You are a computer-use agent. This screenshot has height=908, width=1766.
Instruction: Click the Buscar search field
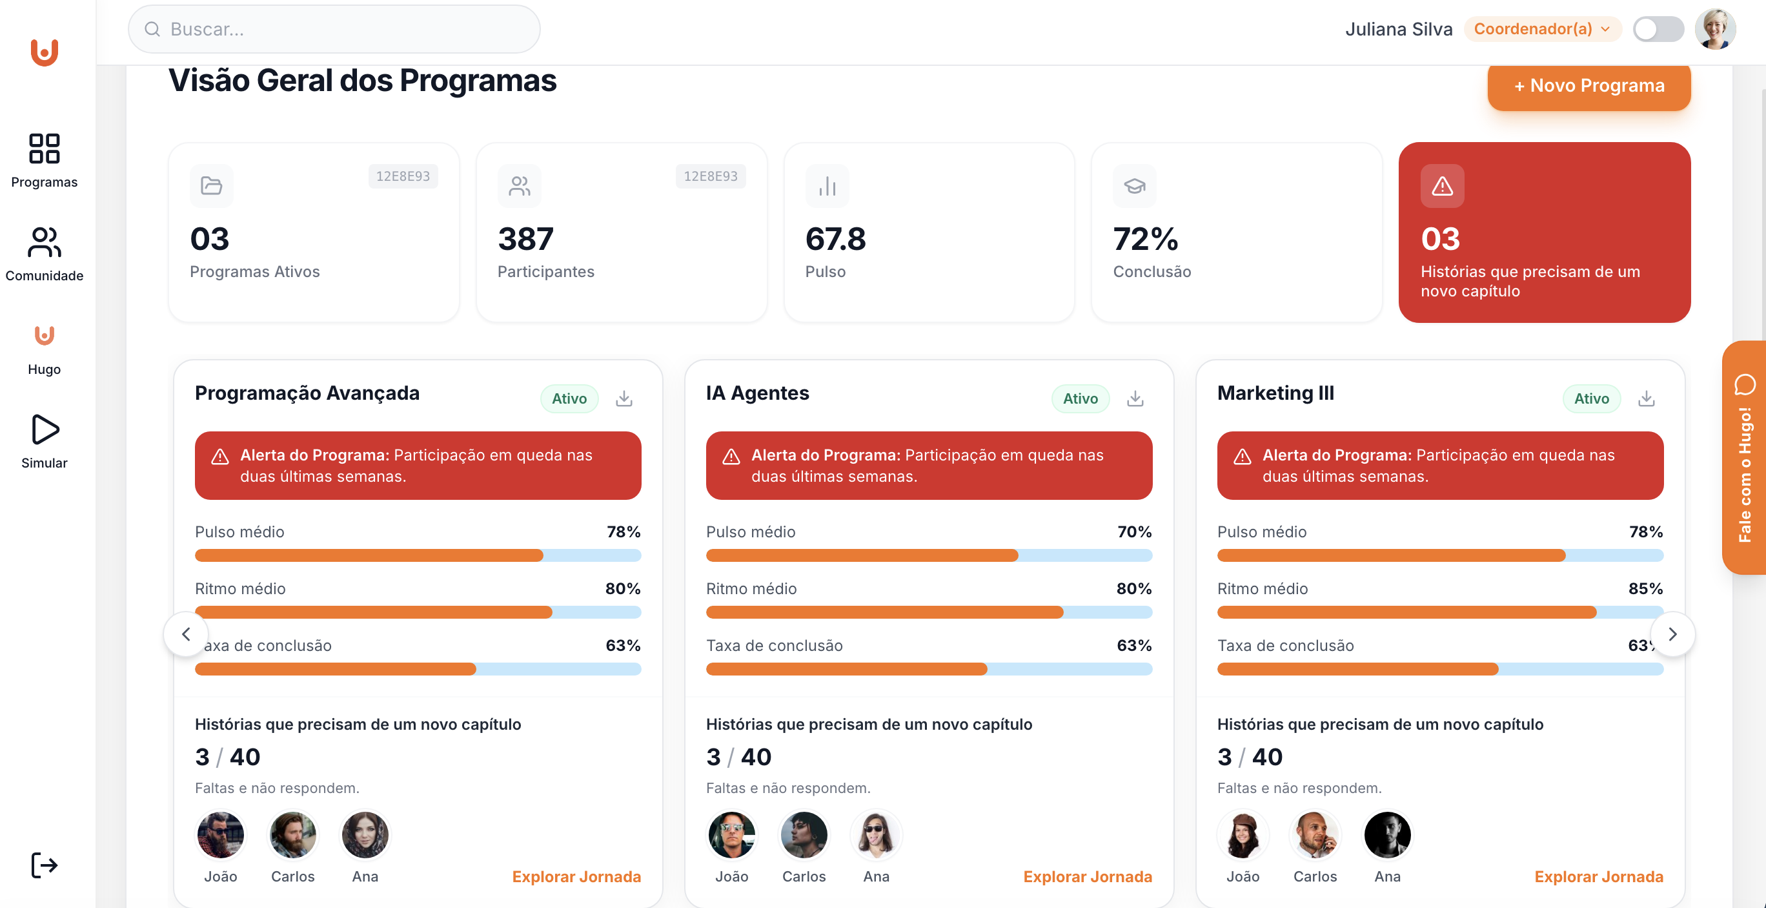point(334,29)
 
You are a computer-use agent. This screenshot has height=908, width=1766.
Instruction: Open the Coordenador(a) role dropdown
point(1541,29)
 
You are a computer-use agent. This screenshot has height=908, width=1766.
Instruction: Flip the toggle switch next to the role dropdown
point(1657,29)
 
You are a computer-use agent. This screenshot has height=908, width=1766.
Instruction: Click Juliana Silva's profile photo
point(1714,29)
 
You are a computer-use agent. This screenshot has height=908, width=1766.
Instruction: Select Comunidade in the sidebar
point(45,254)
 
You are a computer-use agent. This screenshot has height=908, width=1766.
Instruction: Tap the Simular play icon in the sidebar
point(45,430)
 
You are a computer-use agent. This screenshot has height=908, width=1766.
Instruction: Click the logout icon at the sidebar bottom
point(45,865)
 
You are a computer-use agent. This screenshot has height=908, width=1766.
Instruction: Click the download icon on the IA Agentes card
point(1135,398)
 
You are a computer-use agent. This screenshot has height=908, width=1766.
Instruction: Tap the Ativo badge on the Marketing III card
point(1590,398)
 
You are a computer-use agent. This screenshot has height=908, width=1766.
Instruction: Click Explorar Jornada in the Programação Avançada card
point(576,876)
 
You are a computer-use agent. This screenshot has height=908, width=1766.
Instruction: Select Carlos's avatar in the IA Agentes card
point(804,834)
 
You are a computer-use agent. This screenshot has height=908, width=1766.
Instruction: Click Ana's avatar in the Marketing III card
point(1387,834)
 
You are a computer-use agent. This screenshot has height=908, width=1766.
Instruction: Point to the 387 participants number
point(525,240)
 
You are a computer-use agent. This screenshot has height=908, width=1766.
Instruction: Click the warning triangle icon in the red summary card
point(1442,186)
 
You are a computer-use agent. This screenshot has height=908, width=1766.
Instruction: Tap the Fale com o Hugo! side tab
point(1744,457)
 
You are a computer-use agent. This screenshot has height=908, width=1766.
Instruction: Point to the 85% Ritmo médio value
point(1645,588)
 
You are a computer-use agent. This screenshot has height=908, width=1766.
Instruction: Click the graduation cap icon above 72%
point(1134,186)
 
